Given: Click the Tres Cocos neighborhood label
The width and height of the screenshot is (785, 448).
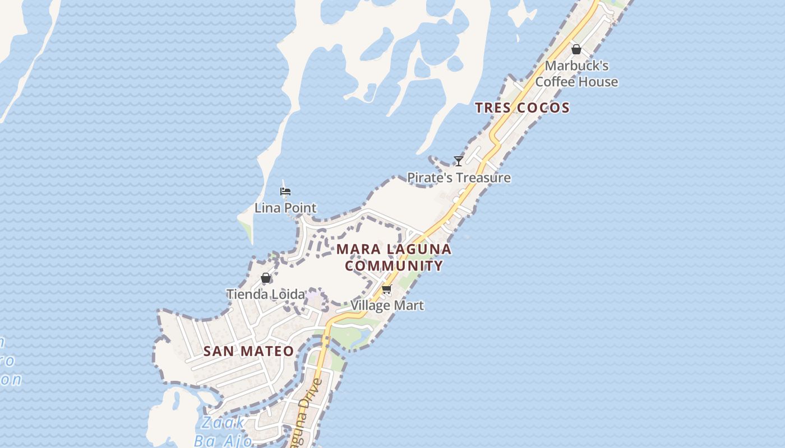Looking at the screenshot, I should pyautogui.click(x=522, y=108).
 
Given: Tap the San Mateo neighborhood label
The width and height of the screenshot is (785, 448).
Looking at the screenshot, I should pyautogui.click(x=248, y=351).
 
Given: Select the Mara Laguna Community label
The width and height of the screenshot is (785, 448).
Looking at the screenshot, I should pyautogui.click(x=394, y=257).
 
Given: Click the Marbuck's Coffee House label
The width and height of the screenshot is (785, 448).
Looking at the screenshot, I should pyautogui.click(x=576, y=73).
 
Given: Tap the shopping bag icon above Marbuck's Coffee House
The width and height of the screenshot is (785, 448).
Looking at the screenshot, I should pyautogui.click(x=576, y=49).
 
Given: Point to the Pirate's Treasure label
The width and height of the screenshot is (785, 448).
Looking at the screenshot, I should pyautogui.click(x=459, y=178).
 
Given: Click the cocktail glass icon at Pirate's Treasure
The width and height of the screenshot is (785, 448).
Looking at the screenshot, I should pyautogui.click(x=459, y=161).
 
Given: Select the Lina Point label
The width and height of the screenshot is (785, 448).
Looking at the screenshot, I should pyautogui.click(x=285, y=208).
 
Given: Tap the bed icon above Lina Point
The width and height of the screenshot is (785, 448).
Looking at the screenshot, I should pyautogui.click(x=285, y=192).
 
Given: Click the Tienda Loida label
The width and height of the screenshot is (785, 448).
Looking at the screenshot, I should pyautogui.click(x=266, y=294).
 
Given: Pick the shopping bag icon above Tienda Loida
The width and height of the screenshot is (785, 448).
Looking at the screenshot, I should pyautogui.click(x=266, y=278).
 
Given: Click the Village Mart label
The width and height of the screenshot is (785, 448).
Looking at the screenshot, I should pyautogui.click(x=387, y=305).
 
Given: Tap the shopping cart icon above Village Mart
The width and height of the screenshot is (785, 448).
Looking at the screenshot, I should pyautogui.click(x=386, y=290).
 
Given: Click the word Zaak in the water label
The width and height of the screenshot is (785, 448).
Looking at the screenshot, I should pyautogui.click(x=223, y=423).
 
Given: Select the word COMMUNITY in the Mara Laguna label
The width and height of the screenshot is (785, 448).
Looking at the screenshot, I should pyautogui.click(x=394, y=265).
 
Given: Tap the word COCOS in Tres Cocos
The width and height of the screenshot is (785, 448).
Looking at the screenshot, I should pyautogui.click(x=543, y=108).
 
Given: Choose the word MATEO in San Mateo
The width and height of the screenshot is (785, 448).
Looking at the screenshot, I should pyautogui.click(x=266, y=351).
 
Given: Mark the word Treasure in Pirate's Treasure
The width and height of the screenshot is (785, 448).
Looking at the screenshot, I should pyautogui.click(x=483, y=178).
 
